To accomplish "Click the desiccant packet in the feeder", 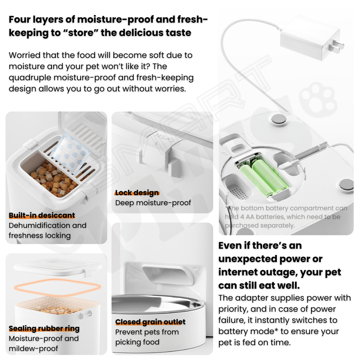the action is point(70,153).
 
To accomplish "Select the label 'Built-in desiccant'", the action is point(42,215).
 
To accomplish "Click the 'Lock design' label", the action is point(137,193).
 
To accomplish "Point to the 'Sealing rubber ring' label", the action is point(44,329).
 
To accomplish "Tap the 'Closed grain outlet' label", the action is point(150,322).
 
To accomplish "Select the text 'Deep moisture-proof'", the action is point(153,203).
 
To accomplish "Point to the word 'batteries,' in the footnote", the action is point(270,217).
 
